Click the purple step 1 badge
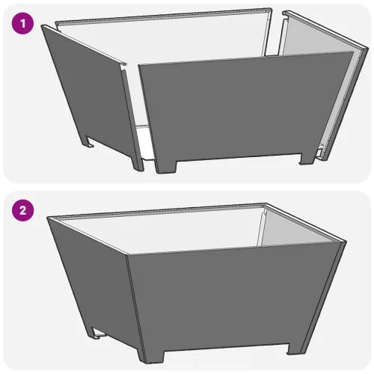22,23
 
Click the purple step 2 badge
22,210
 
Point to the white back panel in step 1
162,43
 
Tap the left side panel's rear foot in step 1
88,141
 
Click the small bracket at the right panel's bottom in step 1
319,152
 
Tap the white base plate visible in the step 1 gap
144,142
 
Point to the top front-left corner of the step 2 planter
126,255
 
